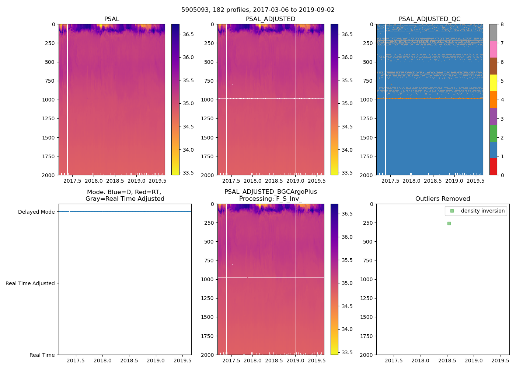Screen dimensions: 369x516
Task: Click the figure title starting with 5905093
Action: click(x=258, y=10)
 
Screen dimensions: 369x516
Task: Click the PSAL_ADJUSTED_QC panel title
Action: click(x=429, y=19)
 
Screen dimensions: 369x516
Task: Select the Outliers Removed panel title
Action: click(x=443, y=199)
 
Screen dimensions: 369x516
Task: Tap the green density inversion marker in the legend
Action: click(x=452, y=211)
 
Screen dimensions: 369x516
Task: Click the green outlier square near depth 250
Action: click(x=449, y=223)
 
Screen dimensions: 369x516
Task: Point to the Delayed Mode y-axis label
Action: click(x=36, y=212)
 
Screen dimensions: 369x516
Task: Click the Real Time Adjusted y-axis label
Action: click(x=30, y=283)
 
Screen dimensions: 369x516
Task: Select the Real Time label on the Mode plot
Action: click(x=42, y=355)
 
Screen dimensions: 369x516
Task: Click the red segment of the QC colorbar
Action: click(x=493, y=166)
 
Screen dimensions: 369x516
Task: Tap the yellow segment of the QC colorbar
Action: click(x=493, y=83)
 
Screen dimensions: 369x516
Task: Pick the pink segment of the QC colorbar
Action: click(x=493, y=49)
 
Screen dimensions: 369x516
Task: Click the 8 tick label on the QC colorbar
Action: click(x=502, y=24)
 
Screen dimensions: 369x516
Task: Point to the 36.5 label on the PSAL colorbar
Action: click(x=188, y=34)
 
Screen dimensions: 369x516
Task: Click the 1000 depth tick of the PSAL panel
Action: click(x=49, y=100)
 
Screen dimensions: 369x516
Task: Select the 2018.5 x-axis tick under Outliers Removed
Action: click(x=447, y=361)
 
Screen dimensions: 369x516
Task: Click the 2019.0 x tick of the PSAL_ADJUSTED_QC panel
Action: click(x=454, y=181)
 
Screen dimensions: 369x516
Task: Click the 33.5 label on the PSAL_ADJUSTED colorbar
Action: click(x=347, y=173)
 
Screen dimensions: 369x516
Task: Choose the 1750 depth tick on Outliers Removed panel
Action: click(x=366, y=336)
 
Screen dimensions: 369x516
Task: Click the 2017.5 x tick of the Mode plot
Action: click(x=76, y=361)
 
